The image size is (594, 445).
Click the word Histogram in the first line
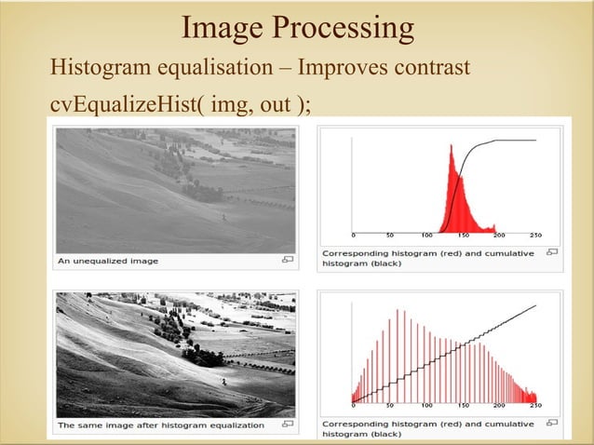[98, 69]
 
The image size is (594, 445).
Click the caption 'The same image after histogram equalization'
[160, 425]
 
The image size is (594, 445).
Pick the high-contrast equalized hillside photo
[176, 354]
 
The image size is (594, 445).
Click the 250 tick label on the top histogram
[537, 236]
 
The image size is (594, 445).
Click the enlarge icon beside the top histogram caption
[552, 251]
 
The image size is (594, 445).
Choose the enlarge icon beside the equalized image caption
[288, 425]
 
